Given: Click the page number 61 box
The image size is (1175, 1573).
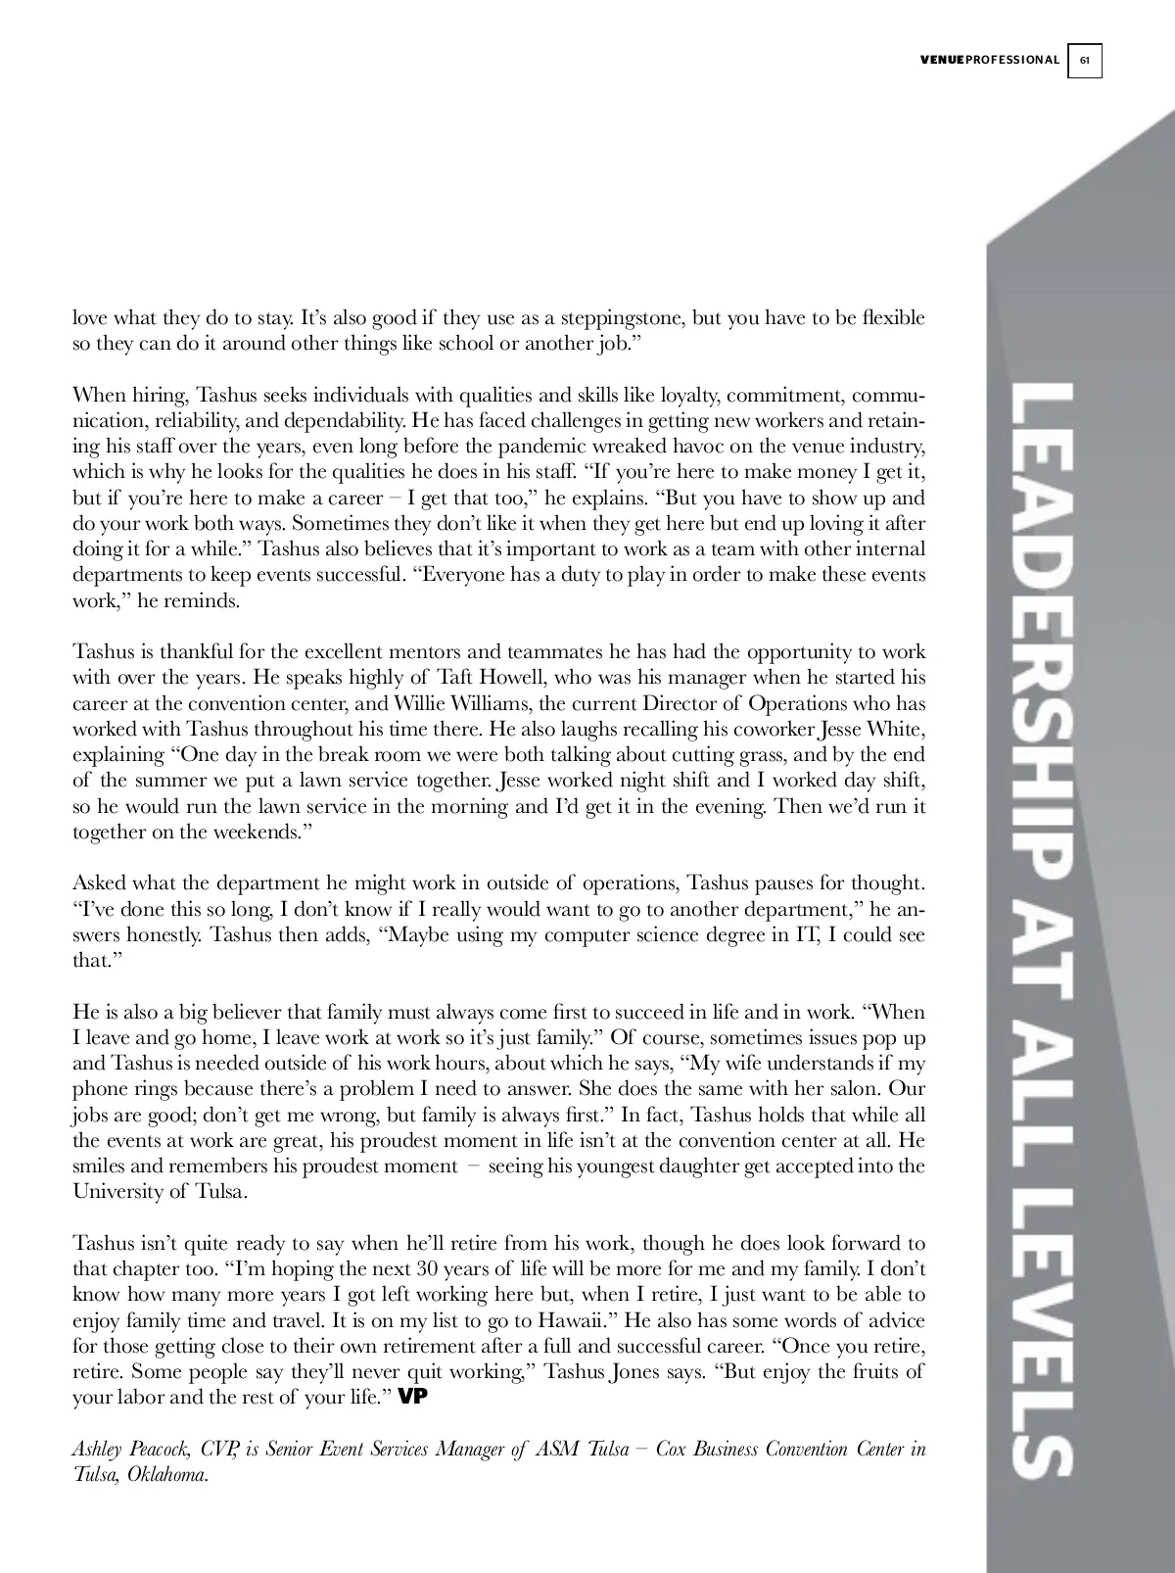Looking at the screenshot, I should [1085, 61].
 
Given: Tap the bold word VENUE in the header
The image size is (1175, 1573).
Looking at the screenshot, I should [942, 61].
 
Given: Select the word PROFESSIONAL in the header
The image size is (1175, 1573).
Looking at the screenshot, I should [1012, 61].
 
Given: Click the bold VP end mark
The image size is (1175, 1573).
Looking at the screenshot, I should [414, 1398].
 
